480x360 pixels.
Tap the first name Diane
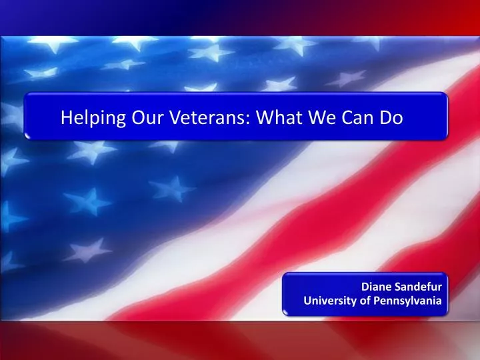[375, 287]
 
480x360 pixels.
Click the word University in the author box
[327, 301]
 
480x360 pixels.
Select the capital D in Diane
[365, 287]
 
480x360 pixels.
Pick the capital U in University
[307, 301]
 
